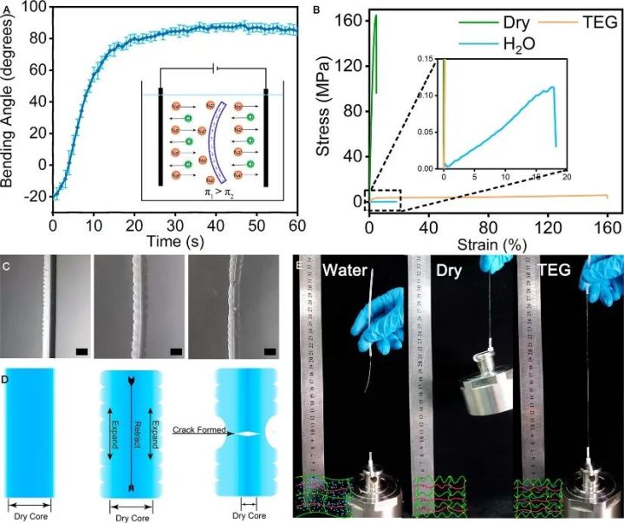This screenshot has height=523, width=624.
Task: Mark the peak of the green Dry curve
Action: tap(375, 16)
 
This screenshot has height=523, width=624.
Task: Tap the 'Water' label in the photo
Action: tap(350, 271)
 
